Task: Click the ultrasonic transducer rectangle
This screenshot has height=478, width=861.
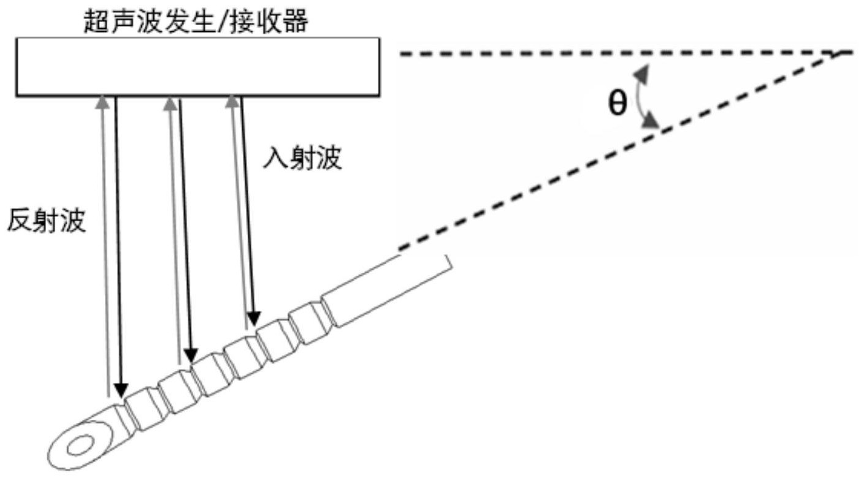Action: pyautogui.click(x=198, y=67)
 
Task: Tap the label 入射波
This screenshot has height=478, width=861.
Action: pyautogui.click(x=302, y=158)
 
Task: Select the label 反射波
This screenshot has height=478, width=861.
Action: pyautogui.click(x=47, y=221)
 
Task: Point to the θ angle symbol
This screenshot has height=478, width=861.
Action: pyautogui.click(x=618, y=103)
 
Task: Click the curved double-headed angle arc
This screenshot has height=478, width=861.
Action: pyautogui.click(x=640, y=97)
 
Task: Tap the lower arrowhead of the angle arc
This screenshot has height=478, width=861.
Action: pyautogui.click(x=651, y=120)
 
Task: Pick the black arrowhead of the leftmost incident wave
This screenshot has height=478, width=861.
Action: pyautogui.click(x=121, y=390)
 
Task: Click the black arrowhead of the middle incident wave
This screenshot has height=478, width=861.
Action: pyautogui.click(x=191, y=355)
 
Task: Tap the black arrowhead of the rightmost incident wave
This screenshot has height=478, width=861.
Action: pyautogui.click(x=254, y=319)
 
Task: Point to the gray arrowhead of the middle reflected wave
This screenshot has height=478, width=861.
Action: pyautogui.click(x=170, y=103)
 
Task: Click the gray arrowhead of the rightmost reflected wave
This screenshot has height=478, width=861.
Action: pyautogui.click(x=232, y=101)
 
